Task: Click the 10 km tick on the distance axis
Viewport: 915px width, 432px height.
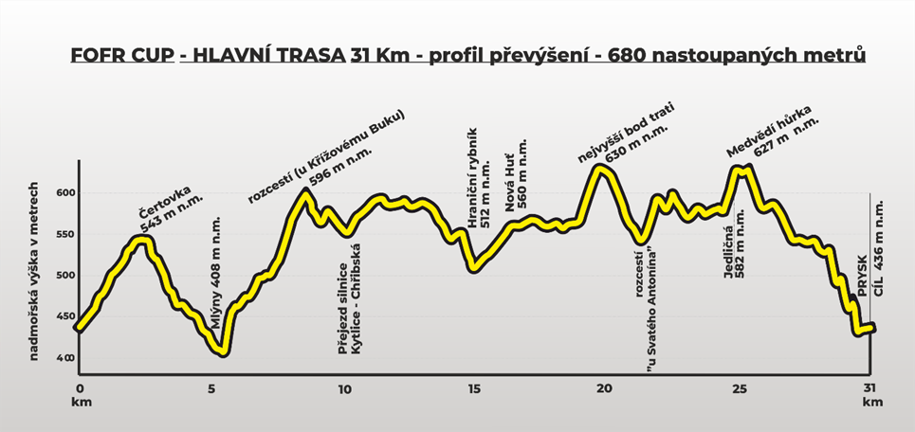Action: (x=344, y=388)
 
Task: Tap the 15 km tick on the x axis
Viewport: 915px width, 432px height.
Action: (x=475, y=388)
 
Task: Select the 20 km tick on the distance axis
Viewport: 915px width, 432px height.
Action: (x=607, y=388)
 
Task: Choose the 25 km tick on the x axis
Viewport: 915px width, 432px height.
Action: (x=739, y=388)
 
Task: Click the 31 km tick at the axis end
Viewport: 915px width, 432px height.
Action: (x=869, y=388)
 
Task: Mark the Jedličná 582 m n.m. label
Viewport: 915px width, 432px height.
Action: (x=736, y=245)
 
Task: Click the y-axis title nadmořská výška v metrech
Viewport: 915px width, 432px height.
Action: (x=33, y=270)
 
